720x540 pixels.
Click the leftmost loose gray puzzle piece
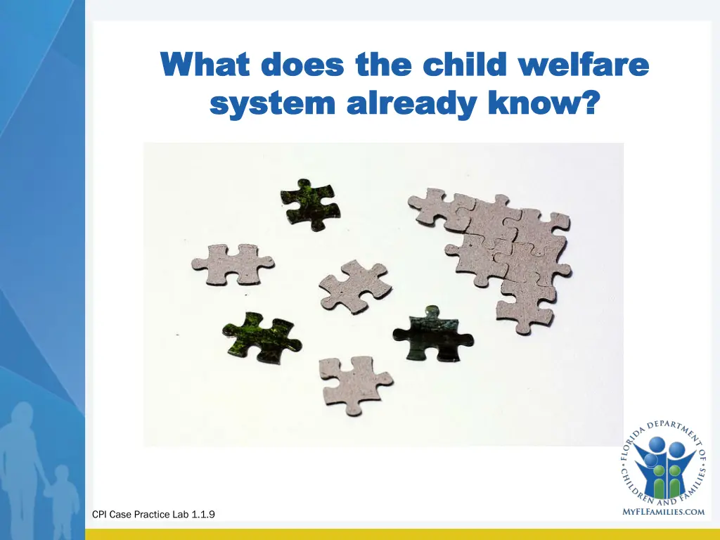(x=231, y=264)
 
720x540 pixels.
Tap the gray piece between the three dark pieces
(x=353, y=285)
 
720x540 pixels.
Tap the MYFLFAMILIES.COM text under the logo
(x=663, y=512)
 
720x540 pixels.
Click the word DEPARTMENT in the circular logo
(x=670, y=429)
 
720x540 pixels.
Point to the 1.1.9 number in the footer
(x=202, y=515)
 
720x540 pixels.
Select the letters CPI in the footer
(x=99, y=515)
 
